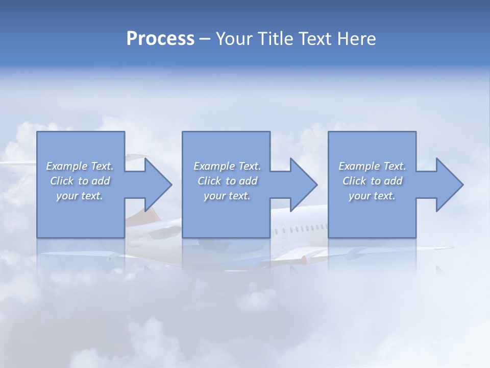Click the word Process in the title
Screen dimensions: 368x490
point(160,39)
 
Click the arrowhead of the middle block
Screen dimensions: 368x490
point(303,185)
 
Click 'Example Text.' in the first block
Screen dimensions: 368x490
point(80,166)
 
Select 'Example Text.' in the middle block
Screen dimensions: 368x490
point(227,166)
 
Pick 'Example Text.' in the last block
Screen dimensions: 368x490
point(372,166)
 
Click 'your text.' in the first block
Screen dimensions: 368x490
point(80,196)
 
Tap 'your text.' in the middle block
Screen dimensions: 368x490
point(227,196)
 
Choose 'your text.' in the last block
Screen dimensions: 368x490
point(372,196)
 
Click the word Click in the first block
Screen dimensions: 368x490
point(61,181)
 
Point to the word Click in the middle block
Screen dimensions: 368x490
point(209,181)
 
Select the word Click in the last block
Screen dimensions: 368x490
point(354,181)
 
